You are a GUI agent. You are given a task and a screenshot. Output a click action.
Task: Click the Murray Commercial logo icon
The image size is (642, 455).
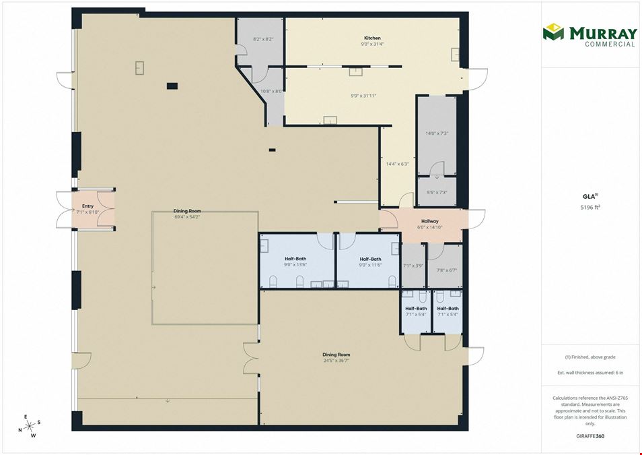[553, 32]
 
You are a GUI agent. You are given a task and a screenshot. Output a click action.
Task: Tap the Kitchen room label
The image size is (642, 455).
[373, 38]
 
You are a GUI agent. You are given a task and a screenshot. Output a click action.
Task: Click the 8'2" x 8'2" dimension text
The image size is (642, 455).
[263, 39]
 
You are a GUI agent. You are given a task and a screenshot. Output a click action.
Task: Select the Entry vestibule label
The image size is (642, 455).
[87, 206]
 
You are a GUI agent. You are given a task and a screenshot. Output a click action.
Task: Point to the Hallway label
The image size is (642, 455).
[429, 221]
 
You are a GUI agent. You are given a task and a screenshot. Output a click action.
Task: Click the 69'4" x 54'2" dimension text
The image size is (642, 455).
[187, 216]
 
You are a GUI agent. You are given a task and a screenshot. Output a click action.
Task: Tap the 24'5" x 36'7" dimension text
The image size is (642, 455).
[336, 361]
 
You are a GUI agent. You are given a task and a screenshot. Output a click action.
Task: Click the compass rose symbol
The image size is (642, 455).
[30, 426]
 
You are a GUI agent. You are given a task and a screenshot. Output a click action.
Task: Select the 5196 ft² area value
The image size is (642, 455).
[590, 207]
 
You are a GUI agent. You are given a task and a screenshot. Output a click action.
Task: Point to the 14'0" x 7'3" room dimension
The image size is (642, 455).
[437, 133]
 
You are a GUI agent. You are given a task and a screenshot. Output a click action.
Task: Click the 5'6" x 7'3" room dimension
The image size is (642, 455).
[437, 192]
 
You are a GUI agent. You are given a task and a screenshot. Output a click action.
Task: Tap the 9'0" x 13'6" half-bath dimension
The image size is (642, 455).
[295, 265]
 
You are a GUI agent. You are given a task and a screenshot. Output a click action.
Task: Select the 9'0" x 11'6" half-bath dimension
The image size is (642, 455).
[370, 265]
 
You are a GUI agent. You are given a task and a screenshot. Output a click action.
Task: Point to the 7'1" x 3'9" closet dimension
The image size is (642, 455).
[413, 266]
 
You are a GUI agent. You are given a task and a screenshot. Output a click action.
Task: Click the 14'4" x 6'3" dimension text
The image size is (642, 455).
[398, 164]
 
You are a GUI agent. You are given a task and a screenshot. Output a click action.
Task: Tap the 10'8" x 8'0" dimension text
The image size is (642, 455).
[272, 92]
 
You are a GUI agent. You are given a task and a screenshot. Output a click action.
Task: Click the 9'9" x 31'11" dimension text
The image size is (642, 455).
[363, 96]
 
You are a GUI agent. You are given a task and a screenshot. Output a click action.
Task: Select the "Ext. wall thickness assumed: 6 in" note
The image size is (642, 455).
[590, 373]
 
